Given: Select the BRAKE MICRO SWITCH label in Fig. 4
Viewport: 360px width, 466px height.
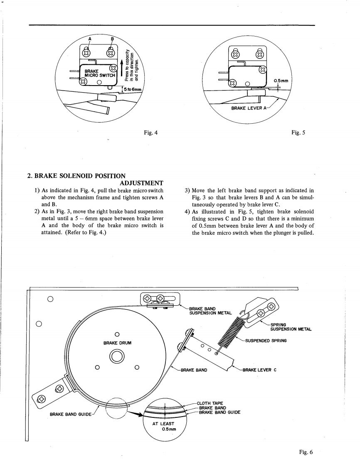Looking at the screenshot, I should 96,74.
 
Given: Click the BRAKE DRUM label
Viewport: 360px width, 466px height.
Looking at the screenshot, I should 117,343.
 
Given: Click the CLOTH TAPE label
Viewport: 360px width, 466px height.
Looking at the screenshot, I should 212,403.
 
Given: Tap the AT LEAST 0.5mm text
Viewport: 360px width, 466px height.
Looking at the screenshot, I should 165,427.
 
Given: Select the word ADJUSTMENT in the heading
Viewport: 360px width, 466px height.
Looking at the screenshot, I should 141,183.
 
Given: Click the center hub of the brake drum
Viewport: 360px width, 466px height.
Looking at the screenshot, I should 117,356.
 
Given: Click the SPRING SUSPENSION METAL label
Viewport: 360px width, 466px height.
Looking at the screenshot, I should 291,327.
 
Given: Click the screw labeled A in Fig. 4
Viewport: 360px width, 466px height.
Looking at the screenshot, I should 87,52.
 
